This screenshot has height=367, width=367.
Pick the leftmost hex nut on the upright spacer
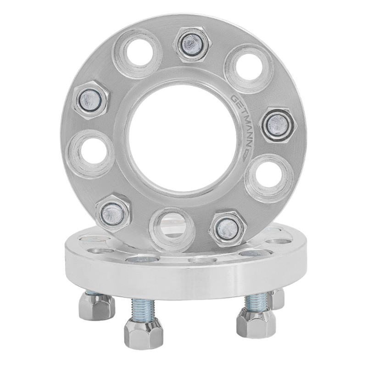90,100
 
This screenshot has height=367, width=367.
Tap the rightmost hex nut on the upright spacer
278,125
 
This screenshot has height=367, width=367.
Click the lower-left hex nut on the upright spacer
113,213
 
